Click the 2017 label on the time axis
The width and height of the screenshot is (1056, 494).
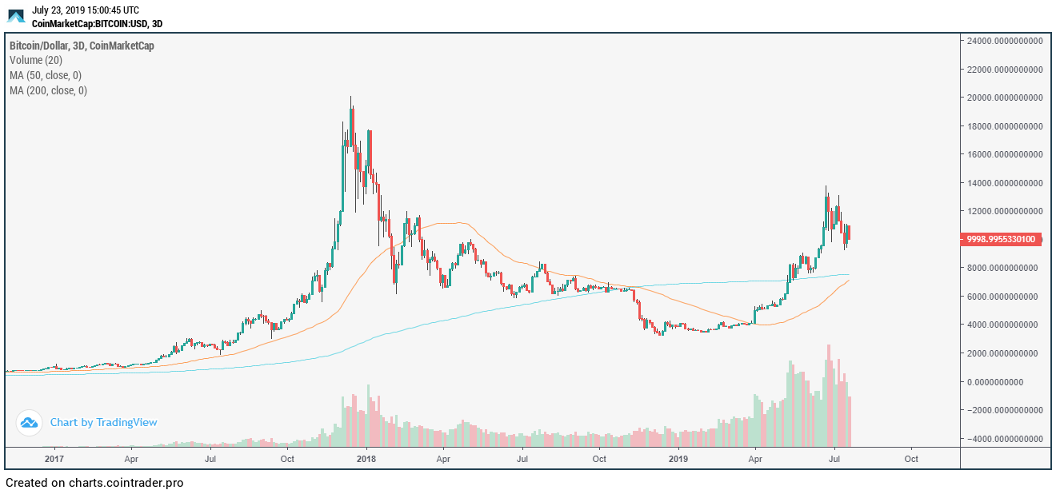click(x=54, y=460)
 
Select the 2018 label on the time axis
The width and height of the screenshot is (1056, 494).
click(x=366, y=460)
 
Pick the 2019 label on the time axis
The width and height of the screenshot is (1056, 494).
click(x=678, y=460)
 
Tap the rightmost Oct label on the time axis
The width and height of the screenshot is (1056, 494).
click(x=911, y=460)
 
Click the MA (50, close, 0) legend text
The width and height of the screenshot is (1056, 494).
click(x=46, y=75)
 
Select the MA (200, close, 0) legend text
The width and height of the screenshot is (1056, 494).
click(x=49, y=90)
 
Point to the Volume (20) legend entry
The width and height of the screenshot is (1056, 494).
click(x=36, y=60)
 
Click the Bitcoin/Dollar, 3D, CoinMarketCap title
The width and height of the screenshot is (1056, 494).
click(x=82, y=46)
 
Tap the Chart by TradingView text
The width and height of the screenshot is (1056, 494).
click(x=103, y=422)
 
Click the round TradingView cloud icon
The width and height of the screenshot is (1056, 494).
click(x=29, y=422)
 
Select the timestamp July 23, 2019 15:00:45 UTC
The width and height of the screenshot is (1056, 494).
click(x=85, y=10)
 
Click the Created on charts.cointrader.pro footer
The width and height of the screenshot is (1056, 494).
click(x=94, y=483)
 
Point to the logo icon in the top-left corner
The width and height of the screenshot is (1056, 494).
click(x=16, y=16)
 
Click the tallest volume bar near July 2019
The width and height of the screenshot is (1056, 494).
click(x=829, y=395)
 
